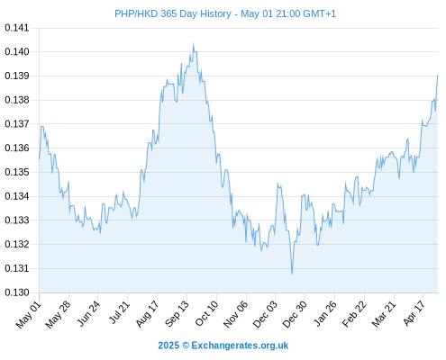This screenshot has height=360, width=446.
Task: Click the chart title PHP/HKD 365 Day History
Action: (173, 13)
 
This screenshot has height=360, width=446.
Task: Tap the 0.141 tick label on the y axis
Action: (17, 28)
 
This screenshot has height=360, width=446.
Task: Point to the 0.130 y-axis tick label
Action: (17, 292)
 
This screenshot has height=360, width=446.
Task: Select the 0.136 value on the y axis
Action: (17, 148)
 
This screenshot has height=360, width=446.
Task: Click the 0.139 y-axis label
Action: (17, 76)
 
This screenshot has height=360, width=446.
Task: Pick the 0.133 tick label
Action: (17, 220)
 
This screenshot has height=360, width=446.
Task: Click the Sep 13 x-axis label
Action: (177, 313)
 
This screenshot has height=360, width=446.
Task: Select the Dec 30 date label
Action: (296, 314)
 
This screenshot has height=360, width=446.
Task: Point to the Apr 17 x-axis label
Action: (414, 313)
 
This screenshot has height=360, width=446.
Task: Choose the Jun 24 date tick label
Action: (88, 313)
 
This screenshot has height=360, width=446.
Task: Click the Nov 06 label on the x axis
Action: (236, 314)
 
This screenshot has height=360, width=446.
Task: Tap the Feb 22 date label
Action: (355, 314)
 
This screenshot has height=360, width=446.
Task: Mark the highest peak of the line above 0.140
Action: (194, 43)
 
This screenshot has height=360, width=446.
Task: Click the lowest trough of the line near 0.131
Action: (292, 274)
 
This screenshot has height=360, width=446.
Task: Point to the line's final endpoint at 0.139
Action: (438, 76)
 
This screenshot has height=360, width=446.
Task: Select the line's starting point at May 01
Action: (39, 158)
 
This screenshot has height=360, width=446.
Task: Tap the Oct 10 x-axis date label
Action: (206, 313)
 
